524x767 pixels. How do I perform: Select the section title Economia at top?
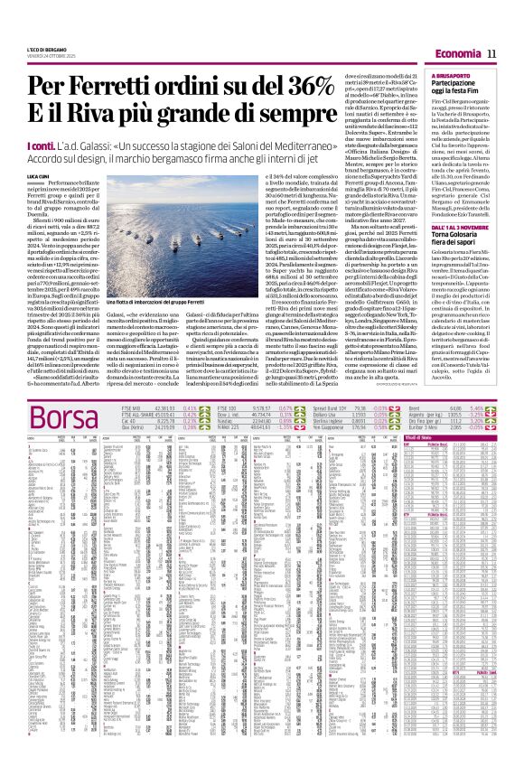point(457,55)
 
